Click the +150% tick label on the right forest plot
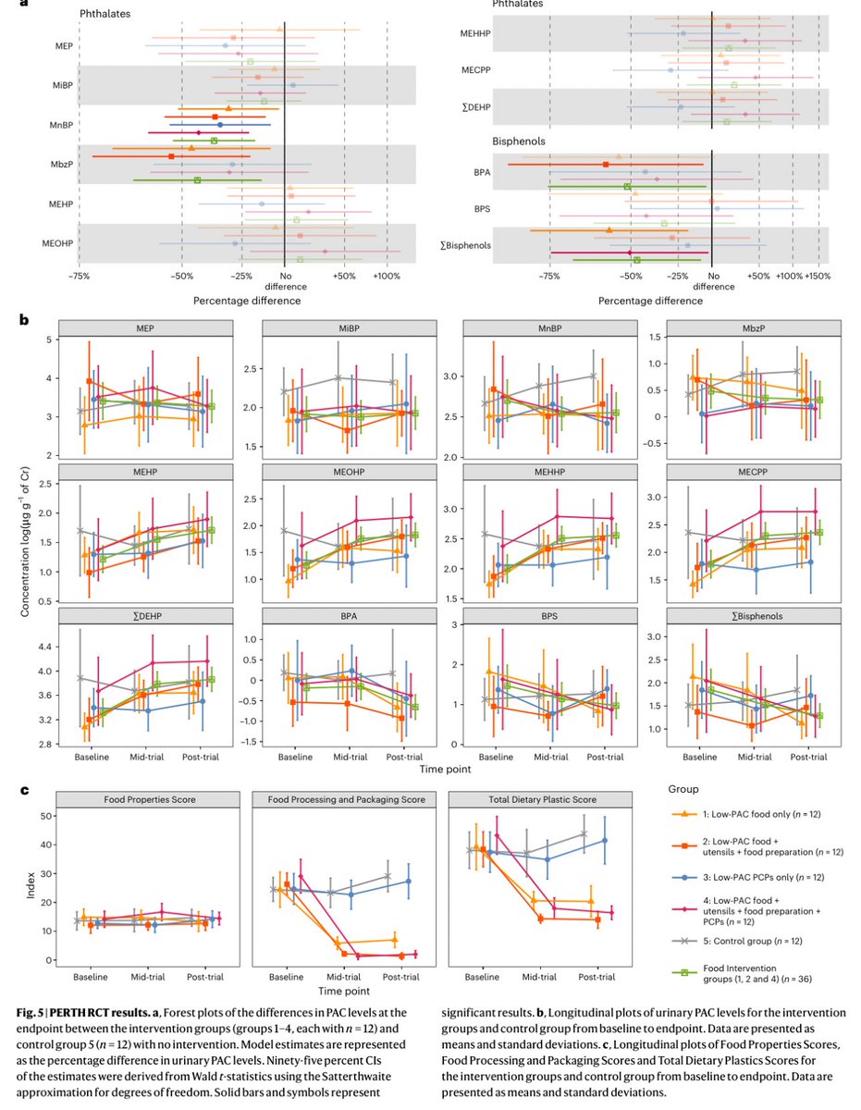coord(818,275)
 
